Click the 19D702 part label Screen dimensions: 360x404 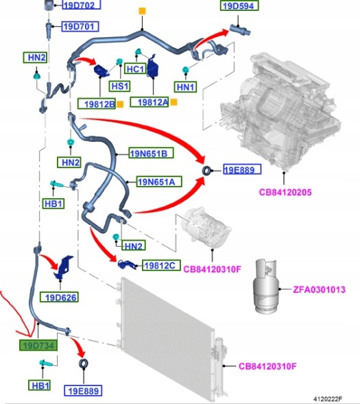pos(82,5)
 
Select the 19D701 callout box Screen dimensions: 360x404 pos(80,27)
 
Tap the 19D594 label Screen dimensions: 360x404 pos(239,5)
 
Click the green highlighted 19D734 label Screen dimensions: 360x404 pos(38,345)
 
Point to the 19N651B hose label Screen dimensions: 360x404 pos(151,153)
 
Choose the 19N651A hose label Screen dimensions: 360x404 pos(159,182)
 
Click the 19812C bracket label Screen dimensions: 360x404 pos(161,265)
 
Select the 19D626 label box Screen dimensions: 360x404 pos(59,297)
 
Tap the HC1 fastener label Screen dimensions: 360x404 pos(135,69)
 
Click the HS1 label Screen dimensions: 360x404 pos(119,86)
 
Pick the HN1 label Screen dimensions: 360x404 pos(185,87)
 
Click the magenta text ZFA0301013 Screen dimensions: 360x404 pos(319,289)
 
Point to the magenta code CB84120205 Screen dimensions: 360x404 pos(285,192)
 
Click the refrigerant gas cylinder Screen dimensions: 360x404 pos(266,286)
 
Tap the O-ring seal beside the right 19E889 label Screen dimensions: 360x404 pos(207,171)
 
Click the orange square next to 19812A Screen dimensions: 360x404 pos(174,102)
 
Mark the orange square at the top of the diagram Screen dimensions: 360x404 pos(142,12)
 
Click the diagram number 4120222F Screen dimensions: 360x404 pos(328,399)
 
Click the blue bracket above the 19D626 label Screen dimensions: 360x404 pos(63,268)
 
